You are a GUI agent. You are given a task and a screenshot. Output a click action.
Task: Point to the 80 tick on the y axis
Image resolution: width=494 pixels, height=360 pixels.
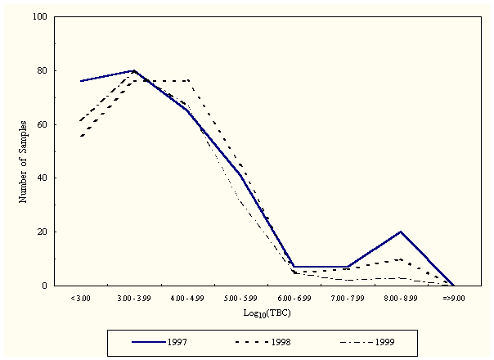[x=40, y=71]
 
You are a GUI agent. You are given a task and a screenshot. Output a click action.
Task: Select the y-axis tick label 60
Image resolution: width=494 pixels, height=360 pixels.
[x=40, y=124]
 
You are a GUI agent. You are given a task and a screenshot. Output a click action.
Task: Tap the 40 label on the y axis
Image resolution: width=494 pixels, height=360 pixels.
[x=40, y=178]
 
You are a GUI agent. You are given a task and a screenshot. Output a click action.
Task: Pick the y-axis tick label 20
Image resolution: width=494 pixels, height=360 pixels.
[x=40, y=232]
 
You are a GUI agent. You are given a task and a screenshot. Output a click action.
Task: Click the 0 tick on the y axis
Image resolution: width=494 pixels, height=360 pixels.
[x=43, y=286]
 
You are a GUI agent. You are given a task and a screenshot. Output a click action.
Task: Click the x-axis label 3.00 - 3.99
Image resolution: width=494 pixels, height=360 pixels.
[x=133, y=299]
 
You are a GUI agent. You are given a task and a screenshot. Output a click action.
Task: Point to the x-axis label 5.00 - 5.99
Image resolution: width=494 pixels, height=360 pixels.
[x=240, y=299]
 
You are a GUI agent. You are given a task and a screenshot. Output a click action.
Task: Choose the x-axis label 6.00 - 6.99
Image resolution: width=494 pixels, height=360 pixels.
[x=294, y=299]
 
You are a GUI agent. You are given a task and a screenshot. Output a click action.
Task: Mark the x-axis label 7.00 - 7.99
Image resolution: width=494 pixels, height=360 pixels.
[x=347, y=299]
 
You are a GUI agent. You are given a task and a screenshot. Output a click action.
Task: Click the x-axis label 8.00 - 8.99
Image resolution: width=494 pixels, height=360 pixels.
[x=400, y=299]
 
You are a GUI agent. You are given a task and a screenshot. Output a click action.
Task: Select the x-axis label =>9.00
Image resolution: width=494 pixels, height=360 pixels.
[x=453, y=299]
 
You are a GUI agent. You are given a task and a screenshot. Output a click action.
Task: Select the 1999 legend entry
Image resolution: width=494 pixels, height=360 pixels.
[x=384, y=341]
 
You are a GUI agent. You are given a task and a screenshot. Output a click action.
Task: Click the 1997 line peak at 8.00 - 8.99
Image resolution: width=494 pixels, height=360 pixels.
[x=400, y=232]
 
